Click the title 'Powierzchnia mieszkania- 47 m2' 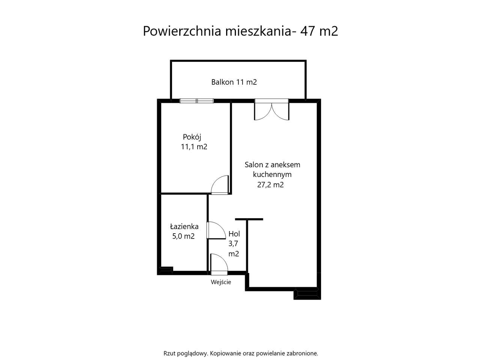click(x=240, y=31)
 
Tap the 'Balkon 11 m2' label click(x=234, y=82)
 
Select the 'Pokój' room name click(x=189, y=137)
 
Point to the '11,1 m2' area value click(x=194, y=147)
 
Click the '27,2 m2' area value click(x=270, y=184)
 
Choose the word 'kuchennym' click(x=272, y=174)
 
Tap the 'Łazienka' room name click(x=184, y=226)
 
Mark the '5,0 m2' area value click(x=183, y=236)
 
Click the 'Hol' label click(x=234, y=234)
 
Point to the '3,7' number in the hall click(x=233, y=243)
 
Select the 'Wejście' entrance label click(x=221, y=282)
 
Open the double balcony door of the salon click(x=272, y=109)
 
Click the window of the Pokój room click(x=196, y=100)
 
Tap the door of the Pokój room click(x=220, y=185)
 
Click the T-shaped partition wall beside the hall click(x=248, y=225)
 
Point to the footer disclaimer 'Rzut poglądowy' click(x=185, y=353)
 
